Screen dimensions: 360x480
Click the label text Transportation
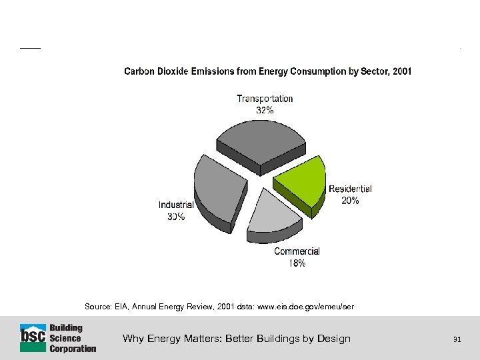(x=265, y=99)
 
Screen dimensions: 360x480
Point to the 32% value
(x=265, y=111)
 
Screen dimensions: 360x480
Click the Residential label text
(x=350, y=189)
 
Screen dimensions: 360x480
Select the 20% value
(x=350, y=201)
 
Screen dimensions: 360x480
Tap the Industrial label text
(x=176, y=205)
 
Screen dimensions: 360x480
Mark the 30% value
(x=176, y=217)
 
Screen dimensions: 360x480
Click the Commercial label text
(x=297, y=251)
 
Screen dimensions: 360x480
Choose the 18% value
(x=297, y=263)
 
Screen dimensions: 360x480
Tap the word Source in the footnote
(x=96, y=307)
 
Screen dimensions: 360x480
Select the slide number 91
(x=457, y=339)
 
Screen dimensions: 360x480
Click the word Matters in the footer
(x=199, y=339)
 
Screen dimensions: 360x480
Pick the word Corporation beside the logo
(x=73, y=348)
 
